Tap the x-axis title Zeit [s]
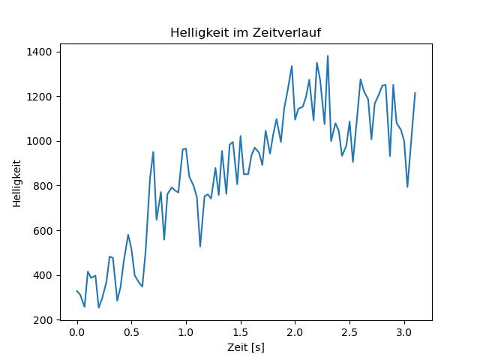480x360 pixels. click(x=246, y=347)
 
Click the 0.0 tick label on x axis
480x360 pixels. click(x=76, y=332)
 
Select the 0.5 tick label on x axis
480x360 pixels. click(x=131, y=332)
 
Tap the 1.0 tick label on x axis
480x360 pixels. click(x=186, y=332)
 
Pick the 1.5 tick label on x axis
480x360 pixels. click(x=240, y=332)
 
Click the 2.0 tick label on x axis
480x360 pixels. click(x=295, y=332)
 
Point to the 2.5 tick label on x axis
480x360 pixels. click(x=349, y=332)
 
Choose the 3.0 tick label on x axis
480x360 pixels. click(x=403, y=332)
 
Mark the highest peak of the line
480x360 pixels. click(x=328, y=55)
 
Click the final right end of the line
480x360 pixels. click(x=415, y=93)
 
